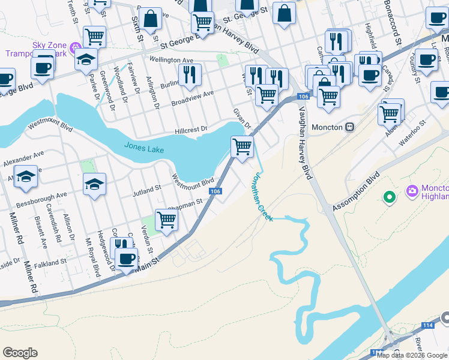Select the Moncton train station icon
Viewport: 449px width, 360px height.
[x=349, y=127]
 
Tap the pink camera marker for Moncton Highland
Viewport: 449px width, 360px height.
[x=412, y=191]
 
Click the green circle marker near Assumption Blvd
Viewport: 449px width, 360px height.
[x=389, y=196]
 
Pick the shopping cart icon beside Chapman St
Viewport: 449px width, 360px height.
[x=167, y=219]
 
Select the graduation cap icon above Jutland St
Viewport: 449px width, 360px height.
[x=94, y=184]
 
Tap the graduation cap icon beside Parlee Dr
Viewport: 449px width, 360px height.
[x=86, y=59]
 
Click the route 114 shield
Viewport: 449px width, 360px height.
[x=428, y=324]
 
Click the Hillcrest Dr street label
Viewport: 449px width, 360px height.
[x=191, y=129]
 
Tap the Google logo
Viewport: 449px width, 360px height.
[x=20, y=353]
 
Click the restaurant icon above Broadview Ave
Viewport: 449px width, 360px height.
[x=190, y=74]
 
